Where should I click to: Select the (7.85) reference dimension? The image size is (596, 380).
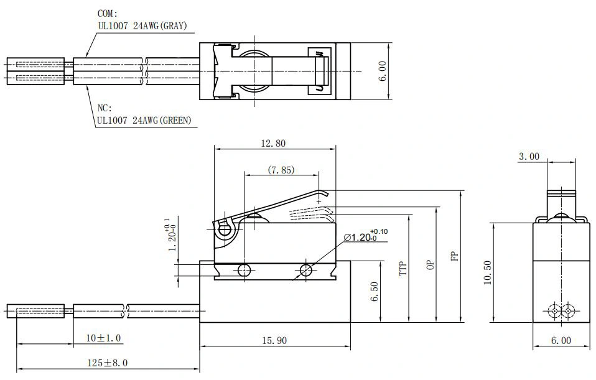(281, 169)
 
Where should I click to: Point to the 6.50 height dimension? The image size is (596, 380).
(373, 291)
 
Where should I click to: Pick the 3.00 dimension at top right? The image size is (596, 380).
(529, 157)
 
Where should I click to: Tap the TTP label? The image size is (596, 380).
(403, 268)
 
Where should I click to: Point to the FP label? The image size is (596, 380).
(455, 256)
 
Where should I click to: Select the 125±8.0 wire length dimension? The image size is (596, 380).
(104, 363)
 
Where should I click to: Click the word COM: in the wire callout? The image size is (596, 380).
(107, 13)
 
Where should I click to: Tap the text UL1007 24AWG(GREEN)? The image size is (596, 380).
(144, 121)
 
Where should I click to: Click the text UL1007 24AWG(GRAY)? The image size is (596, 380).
(142, 26)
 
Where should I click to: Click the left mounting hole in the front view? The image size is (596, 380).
(244, 270)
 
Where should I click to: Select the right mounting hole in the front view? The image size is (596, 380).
(305, 270)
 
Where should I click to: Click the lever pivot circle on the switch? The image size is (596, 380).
(224, 230)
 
